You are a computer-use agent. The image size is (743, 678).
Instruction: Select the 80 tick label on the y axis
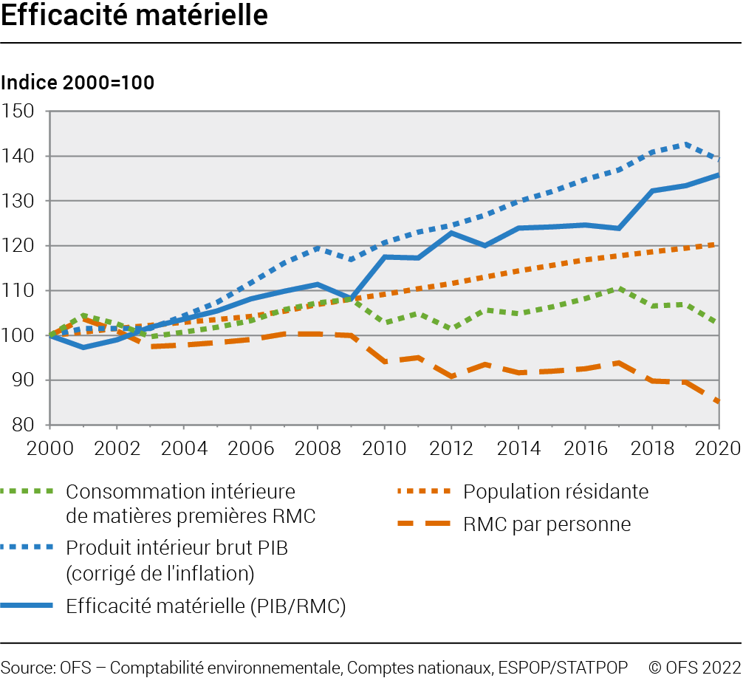pos(24,425)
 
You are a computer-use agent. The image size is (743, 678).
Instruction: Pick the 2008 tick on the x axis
pos(317,449)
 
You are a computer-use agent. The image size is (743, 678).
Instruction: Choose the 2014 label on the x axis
pos(518,449)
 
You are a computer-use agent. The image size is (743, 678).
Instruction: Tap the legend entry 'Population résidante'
pos(556,491)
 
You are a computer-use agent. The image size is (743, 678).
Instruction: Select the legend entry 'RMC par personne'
pos(547,524)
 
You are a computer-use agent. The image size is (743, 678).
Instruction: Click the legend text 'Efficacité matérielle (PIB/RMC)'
pos(206,606)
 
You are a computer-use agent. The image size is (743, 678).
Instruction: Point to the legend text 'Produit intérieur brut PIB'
pos(177,549)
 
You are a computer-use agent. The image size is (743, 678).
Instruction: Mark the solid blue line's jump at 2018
pos(652,191)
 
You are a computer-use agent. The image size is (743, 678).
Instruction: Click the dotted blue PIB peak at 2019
pos(685,144)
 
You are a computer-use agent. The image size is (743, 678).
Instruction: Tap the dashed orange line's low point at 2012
pos(451,377)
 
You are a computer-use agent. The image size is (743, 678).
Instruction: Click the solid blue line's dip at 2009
pos(350,299)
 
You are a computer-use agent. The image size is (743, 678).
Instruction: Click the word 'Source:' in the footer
pos(26,666)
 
